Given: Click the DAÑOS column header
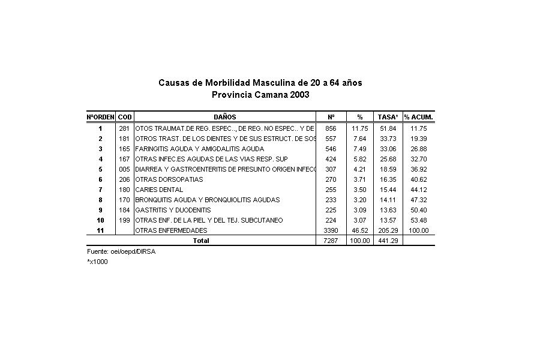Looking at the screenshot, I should coord(225,117).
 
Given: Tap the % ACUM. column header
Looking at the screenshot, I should coord(418,117).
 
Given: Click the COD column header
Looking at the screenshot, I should coord(125,117).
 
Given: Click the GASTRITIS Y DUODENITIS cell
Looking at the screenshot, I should coord(173,210).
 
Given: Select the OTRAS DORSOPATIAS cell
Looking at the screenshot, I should coord(169,179).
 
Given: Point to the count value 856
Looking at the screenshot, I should coord(331,128).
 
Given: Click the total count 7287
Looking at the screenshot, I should coord(331,241).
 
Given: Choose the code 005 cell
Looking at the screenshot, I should coord(124,169).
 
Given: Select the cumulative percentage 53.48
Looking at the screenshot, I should coord(418,220).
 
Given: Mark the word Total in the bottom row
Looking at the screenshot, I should coord(200,241).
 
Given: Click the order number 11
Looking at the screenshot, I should coord(100,230).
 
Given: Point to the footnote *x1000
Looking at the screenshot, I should coord(97,262).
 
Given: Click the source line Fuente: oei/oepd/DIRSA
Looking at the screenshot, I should coord(121,252).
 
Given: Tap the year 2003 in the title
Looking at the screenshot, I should coord(299,95).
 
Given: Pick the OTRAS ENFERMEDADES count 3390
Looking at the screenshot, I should coord(331,230).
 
